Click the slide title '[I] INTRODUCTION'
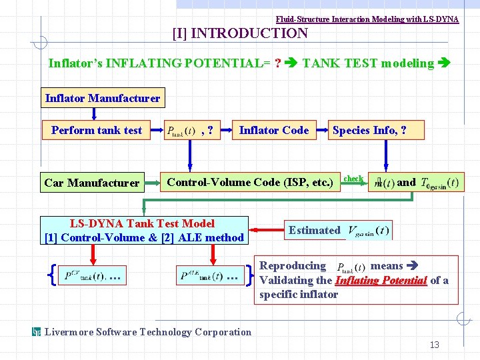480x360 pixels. pyautogui.click(x=240, y=33)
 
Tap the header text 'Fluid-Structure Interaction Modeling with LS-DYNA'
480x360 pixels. pyautogui.click(x=367, y=19)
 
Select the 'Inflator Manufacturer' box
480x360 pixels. pyautogui.click(x=103, y=99)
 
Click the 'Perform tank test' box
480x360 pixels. pyautogui.click(x=97, y=130)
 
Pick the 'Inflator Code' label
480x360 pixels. pyautogui.click(x=274, y=130)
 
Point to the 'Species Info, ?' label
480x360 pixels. pyautogui.click(x=369, y=130)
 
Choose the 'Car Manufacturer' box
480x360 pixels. pyautogui.click(x=92, y=183)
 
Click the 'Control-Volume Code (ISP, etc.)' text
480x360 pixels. pyautogui.click(x=249, y=182)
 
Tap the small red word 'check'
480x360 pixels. pyautogui.click(x=353, y=179)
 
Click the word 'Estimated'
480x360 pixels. pyautogui.click(x=314, y=231)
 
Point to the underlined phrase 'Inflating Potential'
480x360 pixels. pyautogui.click(x=381, y=281)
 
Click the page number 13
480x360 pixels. pyautogui.click(x=434, y=345)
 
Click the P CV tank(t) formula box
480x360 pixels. pyautogui.click(x=93, y=275)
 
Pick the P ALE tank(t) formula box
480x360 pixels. pyautogui.click(x=210, y=275)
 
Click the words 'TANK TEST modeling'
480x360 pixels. pyautogui.click(x=368, y=63)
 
